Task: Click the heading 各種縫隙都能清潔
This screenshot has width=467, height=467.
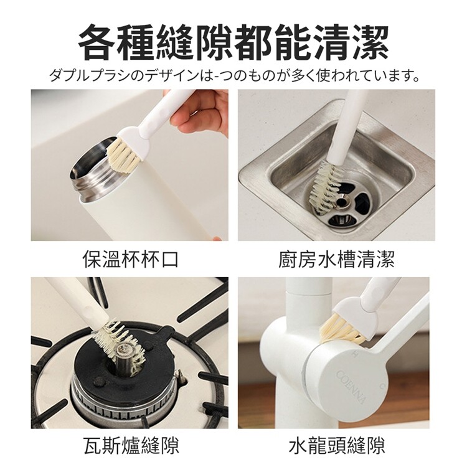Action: click(x=233, y=43)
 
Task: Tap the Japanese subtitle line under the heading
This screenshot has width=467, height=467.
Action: click(x=234, y=76)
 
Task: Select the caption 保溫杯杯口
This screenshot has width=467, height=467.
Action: click(x=130, y=259)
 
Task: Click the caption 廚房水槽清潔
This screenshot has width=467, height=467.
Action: click(x=336, y=259)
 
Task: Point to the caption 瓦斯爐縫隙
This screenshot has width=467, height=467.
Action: click(x=131, y=445)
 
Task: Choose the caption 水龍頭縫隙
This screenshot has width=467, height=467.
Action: click(x=336, y=445)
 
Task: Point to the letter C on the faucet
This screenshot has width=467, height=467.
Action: click(x=381, y=387)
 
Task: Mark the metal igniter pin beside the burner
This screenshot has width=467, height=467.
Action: click(x=179, y=376)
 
